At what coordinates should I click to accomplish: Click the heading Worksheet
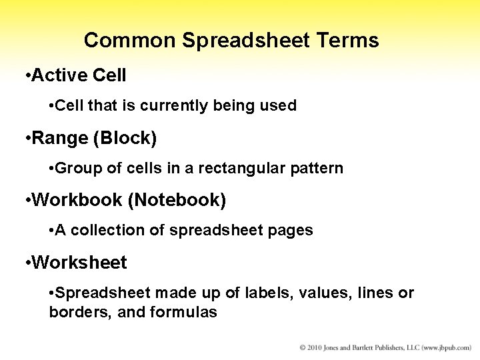click(x=79, y=263)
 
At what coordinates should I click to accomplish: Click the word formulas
click(x=185, y=312)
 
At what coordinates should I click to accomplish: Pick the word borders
click(x=73, y=312)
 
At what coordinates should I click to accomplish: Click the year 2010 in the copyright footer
click(x=315, y=348)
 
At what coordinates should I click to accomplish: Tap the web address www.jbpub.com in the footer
click(x=445, y=348)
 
